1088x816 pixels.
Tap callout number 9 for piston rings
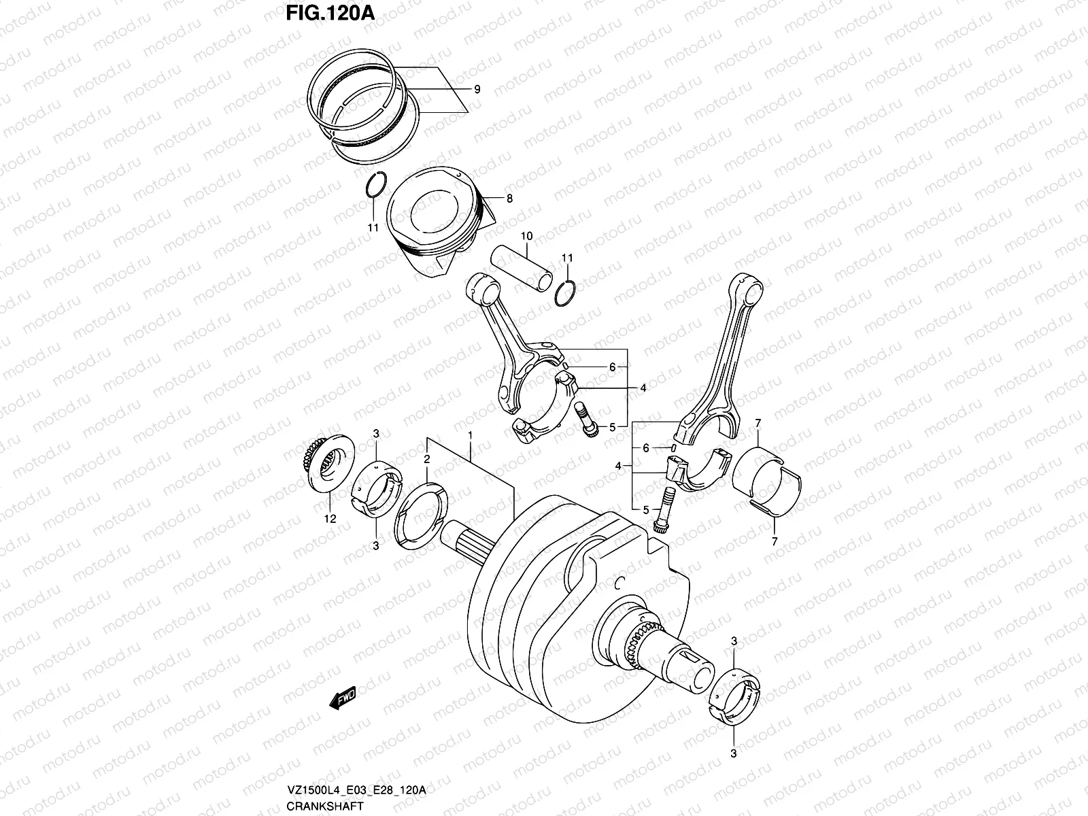coord(477,89)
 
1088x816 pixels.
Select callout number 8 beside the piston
coord(509,199)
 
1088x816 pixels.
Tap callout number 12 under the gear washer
coord(330,519)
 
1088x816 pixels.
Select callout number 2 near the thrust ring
coord(426,460)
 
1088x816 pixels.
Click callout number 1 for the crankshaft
coord(469,434)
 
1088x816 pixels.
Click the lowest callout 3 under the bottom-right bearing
coord(734,753)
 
